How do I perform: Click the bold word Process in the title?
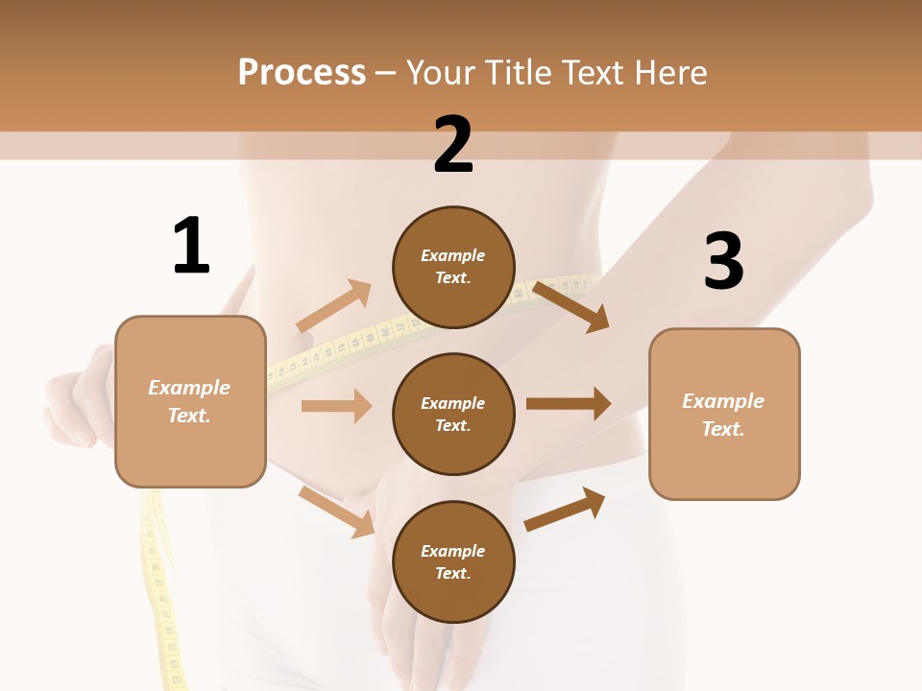pos(302,73)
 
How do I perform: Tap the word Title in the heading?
pos(516,73)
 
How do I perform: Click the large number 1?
pos(191,247)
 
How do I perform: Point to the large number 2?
pos(453,145)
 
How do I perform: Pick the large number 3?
pos(724,261)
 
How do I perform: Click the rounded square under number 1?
pos(190,401)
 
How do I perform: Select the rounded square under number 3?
pos(724,414)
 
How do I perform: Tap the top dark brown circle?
pos(453,267)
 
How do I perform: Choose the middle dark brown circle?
pos(453,414)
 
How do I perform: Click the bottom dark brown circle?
pos(453,561)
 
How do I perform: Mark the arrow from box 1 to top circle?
pos(333,306)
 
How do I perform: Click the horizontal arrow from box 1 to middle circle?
pos(336,406)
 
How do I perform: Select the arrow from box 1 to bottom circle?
pos(336,512)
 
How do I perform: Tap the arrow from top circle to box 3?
pos(571,306)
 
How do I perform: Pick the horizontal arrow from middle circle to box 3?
pos(569,403)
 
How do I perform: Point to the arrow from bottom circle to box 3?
pos(565,509)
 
